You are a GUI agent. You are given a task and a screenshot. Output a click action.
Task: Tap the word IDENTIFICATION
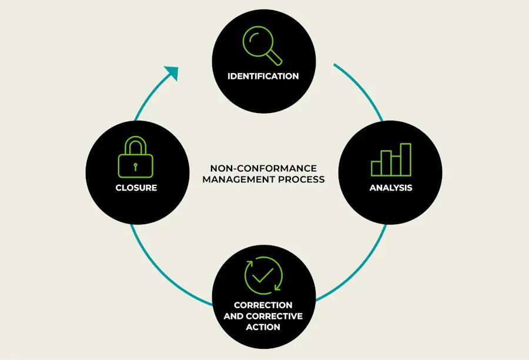coord(263,76)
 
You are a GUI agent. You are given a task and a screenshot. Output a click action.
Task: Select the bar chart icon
coord(391,159)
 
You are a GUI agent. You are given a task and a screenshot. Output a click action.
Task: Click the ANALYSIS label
coord(391,188)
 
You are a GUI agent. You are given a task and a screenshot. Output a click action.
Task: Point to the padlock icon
coord(135,158)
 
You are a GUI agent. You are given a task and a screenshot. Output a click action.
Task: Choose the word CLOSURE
coord(136,188)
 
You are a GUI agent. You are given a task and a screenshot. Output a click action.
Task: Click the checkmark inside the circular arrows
coord(263,275)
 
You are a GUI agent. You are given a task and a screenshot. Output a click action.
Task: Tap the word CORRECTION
coord(263,305)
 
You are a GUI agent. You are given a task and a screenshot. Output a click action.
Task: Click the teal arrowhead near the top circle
coord(172,73)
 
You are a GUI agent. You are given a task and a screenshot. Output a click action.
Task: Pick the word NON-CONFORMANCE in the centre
coord(263,168)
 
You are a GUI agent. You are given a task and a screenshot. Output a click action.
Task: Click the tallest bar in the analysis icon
coord(406,159)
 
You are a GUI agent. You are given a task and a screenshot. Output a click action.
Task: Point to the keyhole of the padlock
coord(135,166)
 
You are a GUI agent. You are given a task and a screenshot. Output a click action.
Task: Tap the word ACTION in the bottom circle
coord(263,326)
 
